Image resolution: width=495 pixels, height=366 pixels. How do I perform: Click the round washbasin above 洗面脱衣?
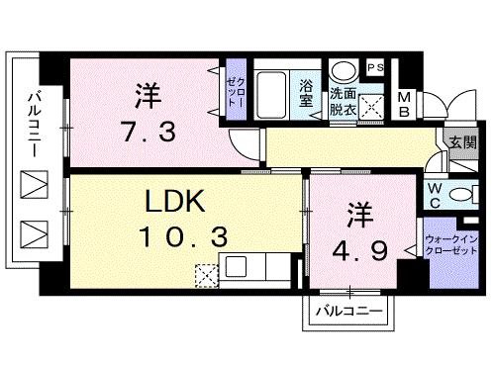tap(345, 71)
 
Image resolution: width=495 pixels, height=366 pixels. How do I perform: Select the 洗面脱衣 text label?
tap(345, 98)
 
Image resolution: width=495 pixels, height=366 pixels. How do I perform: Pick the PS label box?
tap(376, 67)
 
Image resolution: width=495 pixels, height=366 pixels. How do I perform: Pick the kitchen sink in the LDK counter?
tap(238, 266)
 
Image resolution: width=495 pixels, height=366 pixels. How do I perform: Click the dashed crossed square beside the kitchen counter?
tap(205, 274)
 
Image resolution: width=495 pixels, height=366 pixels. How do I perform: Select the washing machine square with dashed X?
tap(374, 103)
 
